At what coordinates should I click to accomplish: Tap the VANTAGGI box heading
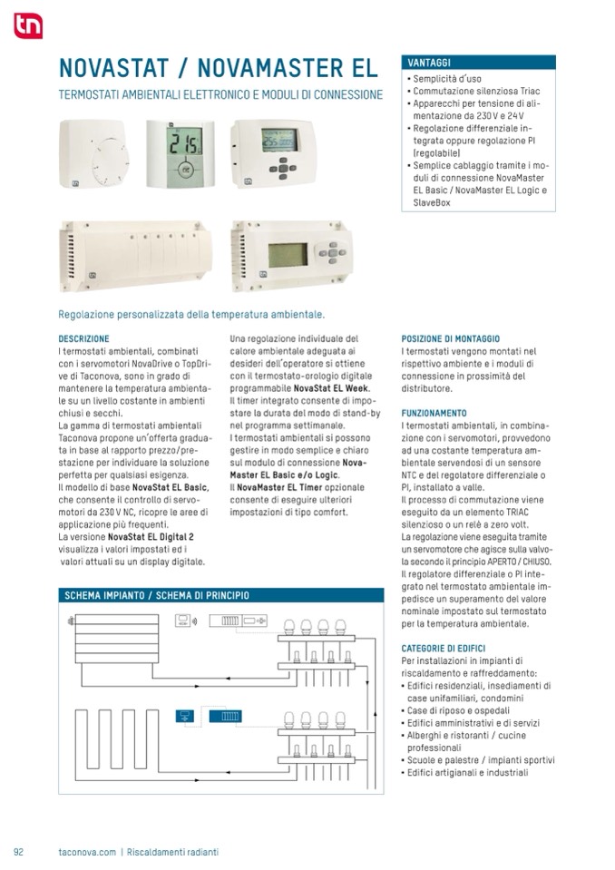click(429, 63)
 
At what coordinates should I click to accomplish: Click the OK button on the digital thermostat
click(186, 169)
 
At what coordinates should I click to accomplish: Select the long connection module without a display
click(136, 255)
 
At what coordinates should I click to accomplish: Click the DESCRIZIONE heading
click(83, 338)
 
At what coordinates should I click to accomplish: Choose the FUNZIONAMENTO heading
click(434, 413)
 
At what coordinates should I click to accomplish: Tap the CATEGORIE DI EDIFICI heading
click(443, 649)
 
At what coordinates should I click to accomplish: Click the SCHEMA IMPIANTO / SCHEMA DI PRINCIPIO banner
click(157, 596)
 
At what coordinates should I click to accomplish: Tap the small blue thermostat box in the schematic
click(187, 715)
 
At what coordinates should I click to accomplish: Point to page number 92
click(18, 852)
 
